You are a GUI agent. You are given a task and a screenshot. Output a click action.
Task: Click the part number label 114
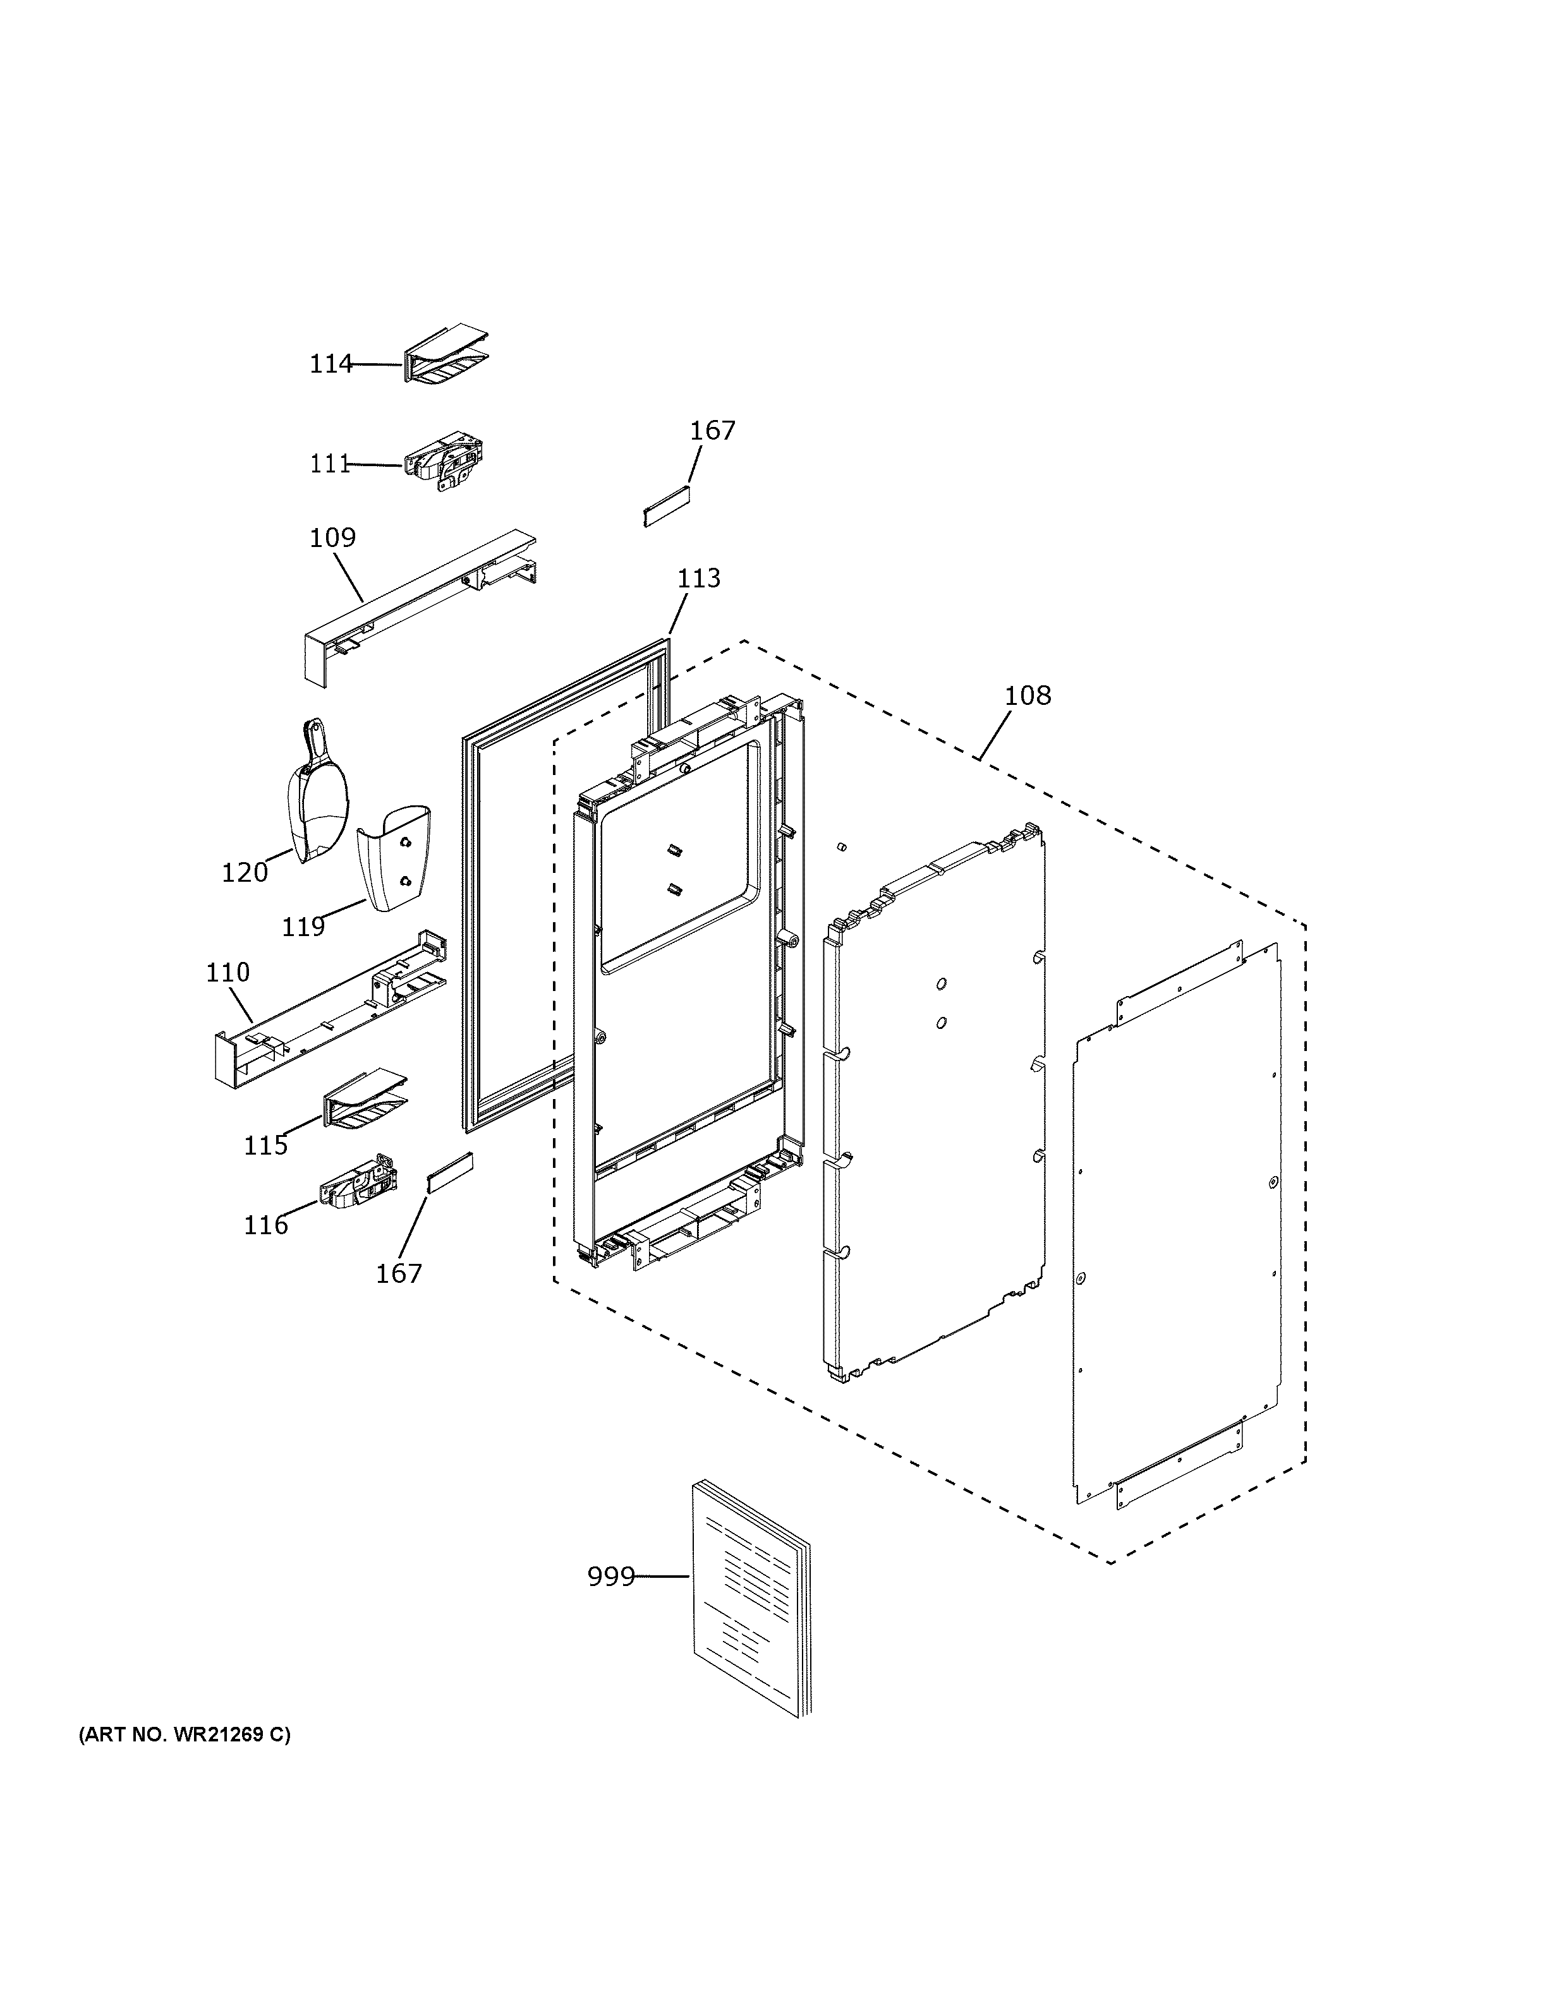click(330, 364)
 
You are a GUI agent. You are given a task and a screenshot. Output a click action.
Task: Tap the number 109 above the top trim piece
click(332, 537)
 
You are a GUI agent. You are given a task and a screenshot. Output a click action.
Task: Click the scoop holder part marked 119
click(396, 856)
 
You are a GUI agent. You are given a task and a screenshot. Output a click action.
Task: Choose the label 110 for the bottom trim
click(227, 972)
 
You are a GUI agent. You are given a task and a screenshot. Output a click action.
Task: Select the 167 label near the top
click(712, 431)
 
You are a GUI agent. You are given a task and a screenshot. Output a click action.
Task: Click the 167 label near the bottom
click(399, 1273)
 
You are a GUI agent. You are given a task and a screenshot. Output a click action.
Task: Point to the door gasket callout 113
click(698, 578)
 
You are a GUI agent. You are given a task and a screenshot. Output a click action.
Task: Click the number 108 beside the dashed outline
click(1028, 695)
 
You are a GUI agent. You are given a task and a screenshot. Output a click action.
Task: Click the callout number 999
click(610, 1577)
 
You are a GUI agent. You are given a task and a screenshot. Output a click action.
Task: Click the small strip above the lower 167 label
click(450, 1173)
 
